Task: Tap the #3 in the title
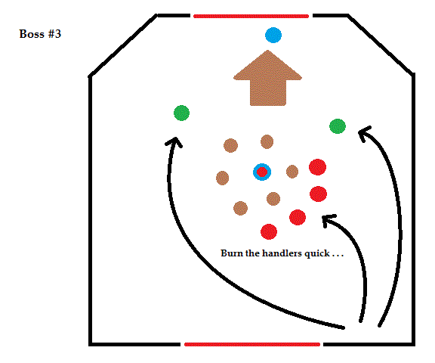[x=54, y=34]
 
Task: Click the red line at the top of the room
[x=251, y=16]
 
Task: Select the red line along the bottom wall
[x=252, y=344]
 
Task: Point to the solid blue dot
[x=273, y=35]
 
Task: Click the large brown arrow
[x=267, y=78]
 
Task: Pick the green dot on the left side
[x=182, y=113]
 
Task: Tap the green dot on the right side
[x=338, y=126]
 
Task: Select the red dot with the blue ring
[x=262, y=172]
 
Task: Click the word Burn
[x=232, y=253]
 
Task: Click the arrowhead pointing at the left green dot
[x=174, y=141]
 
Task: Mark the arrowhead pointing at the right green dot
[x=364, y=134]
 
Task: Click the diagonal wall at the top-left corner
[x=122, y=45]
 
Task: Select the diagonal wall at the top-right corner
[x=381, y=45]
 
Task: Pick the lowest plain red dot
[x=269, y=231]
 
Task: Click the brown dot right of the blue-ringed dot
[x=292, y=172]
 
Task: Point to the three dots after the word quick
[x=338, y=256]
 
